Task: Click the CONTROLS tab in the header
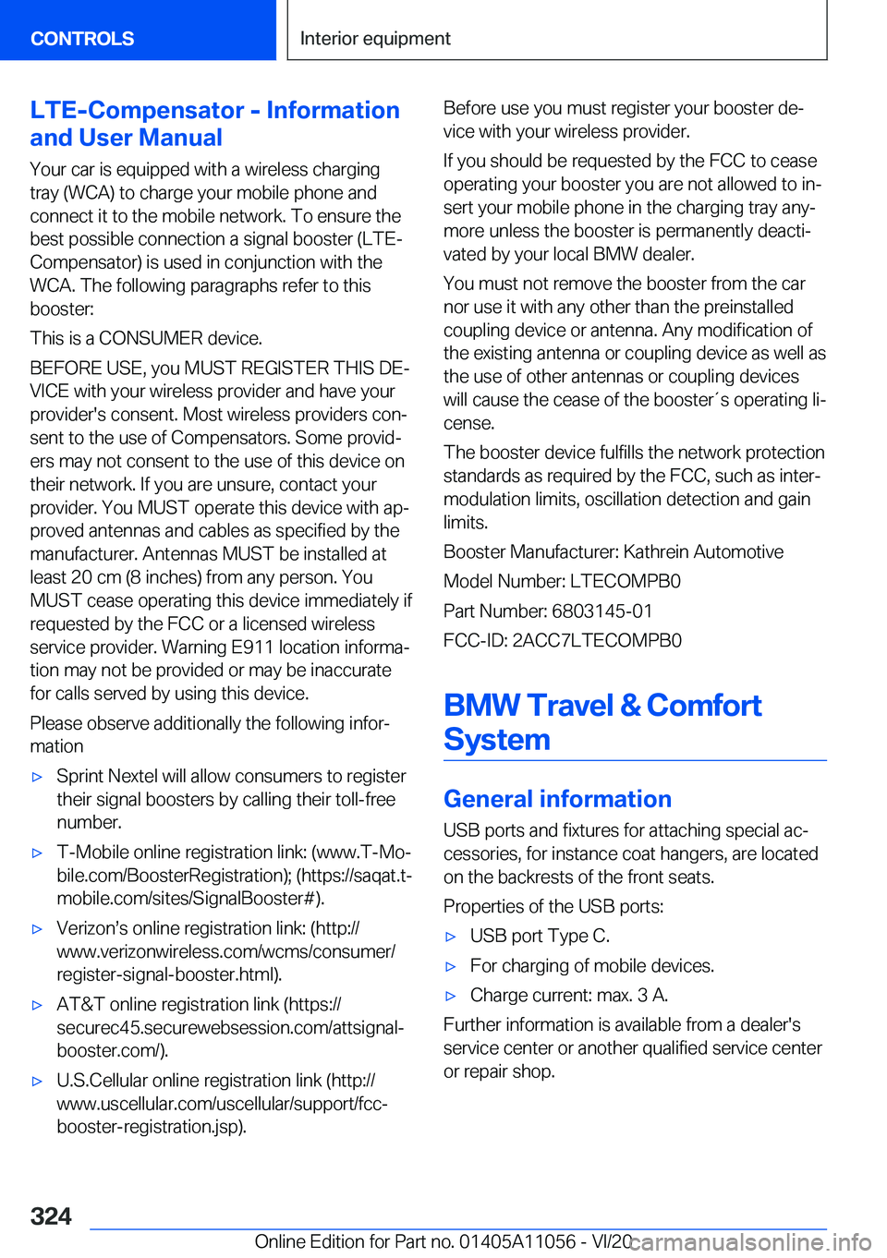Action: pyautogui.click(x=82, y=39)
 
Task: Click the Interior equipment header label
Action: pyautogui.click(x=375, y=39)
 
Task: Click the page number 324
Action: pyautogui.click(x=51, y=1216)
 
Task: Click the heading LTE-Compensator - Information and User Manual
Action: pyautogui.click(x=214, y=124)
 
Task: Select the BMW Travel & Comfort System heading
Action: pyautogui.click(x=602, y=722)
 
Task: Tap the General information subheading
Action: pyautogui.click(x=557, y=799)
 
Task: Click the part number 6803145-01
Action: pyautogui.click(x=601, y=611)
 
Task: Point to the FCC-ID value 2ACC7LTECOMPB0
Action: pyautogui.click(x=597, y=641)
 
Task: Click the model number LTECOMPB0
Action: pyautogui.click(x=625, y=582)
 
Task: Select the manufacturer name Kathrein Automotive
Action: pyautogui.click(x=703, y=552)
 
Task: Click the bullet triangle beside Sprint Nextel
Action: pyautogui.click(x=37, y=777)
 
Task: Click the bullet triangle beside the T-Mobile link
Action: pyautogui.click(x=37, y=853)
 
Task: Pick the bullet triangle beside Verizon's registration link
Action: pyautogui.click(x=37, y=928)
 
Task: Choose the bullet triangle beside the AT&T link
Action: pyautogui.click(x=37, y=1005)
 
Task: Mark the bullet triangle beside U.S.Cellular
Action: pyautogui.click(x=37, y=1081)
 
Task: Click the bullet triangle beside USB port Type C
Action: pyautogui.click(x=451, y=937)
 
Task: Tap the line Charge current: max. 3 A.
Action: pyautogui.click(x=568, y=996)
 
